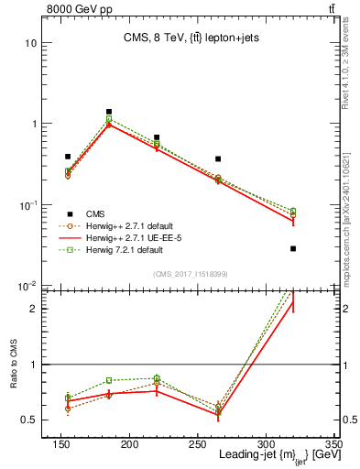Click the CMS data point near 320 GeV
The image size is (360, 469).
coord(293,248)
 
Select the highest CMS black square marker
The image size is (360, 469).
coord(108,112)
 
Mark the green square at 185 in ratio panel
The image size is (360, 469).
coord(108,380)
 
